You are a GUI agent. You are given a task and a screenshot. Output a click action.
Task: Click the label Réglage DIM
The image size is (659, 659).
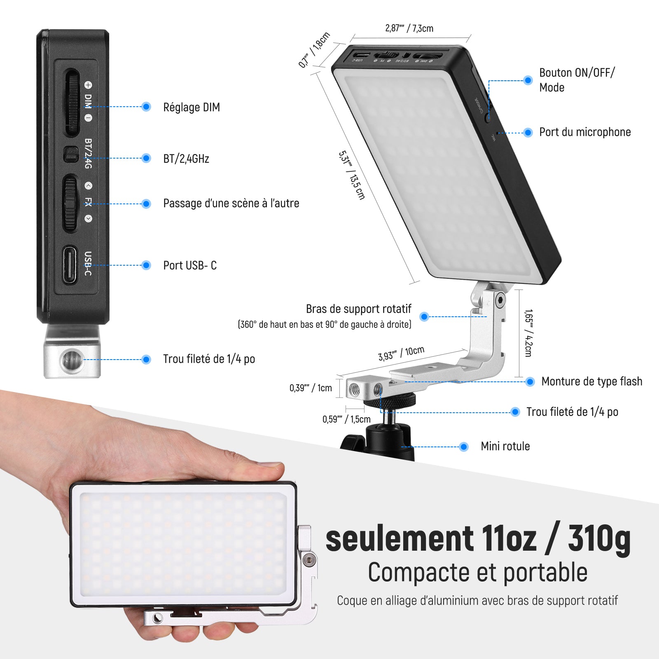[192, 107]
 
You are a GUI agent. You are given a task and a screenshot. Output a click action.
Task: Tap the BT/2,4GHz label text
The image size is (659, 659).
[186, 159]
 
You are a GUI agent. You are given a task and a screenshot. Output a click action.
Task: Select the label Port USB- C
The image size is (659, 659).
[190, 265]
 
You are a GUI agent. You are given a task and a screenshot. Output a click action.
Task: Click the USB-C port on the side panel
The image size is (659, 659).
[70, 264]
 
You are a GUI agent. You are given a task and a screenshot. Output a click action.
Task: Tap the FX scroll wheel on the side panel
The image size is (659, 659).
[70, 203]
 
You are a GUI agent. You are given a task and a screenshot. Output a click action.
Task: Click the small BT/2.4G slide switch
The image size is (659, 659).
[71, 154]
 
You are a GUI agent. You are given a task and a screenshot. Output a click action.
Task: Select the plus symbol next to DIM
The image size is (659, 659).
[88, 85]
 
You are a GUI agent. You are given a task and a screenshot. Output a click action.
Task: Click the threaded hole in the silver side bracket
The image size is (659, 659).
[69, 360]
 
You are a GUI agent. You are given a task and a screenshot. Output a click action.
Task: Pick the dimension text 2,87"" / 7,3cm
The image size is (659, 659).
[409, 28]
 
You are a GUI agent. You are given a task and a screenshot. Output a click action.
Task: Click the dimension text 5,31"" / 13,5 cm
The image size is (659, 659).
[352, 175]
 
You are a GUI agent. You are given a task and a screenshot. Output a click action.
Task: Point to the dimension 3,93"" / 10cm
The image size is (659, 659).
[401, 353]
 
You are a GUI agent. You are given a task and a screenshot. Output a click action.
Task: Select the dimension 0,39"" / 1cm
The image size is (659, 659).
[311, 388]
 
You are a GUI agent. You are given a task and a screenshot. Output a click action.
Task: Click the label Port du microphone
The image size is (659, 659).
[585, 132]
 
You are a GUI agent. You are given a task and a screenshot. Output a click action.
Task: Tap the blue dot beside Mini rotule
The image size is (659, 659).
[464, 446]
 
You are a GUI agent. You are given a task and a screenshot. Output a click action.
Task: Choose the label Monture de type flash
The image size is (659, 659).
[591, 381]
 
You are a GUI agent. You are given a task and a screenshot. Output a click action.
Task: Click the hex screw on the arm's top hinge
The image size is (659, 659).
[500, 300]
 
